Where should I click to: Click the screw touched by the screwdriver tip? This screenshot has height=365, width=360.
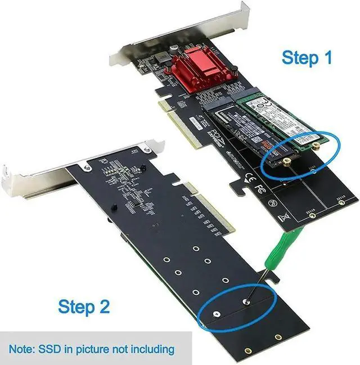coord(246,302)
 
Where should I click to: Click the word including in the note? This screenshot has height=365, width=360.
coord(152,350)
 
